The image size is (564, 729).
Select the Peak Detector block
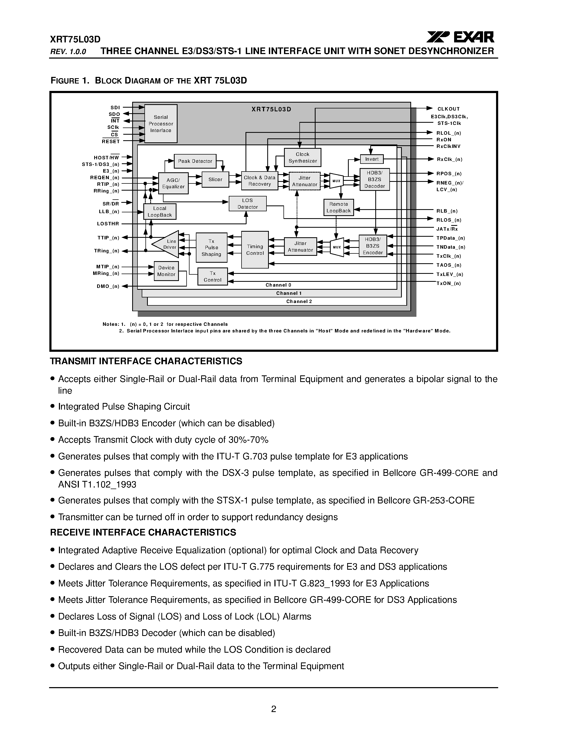195,161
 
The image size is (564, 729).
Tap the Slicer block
215,179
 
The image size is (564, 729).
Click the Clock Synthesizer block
302,157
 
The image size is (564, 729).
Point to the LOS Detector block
248,204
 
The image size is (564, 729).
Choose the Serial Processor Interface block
161,124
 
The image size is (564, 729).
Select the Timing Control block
255,250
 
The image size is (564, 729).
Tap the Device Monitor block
166,271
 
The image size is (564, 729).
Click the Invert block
372,159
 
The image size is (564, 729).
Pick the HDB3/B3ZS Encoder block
373,246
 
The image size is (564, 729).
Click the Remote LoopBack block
338,207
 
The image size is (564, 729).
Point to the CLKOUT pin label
448,109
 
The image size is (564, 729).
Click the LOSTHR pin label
108,224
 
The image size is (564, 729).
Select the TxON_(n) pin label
448,283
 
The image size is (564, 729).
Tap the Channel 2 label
299,301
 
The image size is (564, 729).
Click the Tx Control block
213,277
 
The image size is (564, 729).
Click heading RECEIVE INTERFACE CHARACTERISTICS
143,532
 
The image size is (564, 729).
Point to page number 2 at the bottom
273,709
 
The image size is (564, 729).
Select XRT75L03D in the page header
75,39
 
